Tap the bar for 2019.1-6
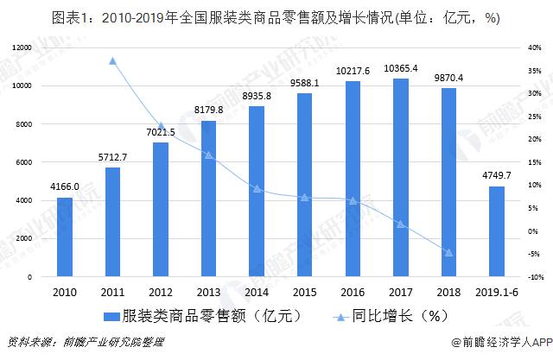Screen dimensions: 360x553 (496, 231)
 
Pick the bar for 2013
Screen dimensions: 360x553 (208, 199)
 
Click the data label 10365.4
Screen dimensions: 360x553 (401, 68)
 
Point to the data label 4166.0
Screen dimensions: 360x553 (64, 187)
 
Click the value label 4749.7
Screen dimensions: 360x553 (497, 176)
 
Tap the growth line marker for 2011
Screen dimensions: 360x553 (112, 60)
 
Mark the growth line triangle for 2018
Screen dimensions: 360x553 (448, 252)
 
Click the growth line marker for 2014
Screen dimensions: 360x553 (257, 188)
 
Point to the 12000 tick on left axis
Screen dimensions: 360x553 (22, 48)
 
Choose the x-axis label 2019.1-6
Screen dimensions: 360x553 (496, 293)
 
